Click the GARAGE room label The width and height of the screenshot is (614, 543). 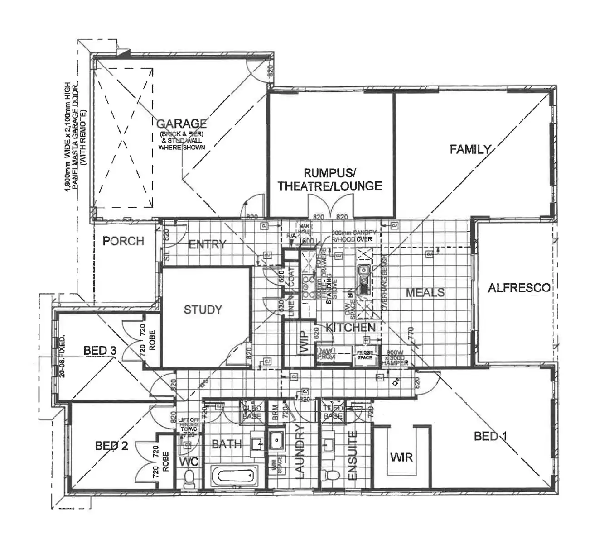[182, 124]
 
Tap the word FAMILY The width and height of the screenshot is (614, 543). [470, 149]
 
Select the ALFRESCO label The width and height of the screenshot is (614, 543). [519, 288]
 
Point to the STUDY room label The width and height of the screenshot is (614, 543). [203, 310]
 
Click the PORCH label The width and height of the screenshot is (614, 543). [123, 241]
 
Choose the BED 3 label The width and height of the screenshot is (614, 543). [100, 351]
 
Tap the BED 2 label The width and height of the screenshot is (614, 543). [111, 446]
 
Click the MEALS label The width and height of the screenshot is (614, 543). [425, 293]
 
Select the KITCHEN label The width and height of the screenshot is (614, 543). [351, 328]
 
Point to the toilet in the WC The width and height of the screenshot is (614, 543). [189, 478]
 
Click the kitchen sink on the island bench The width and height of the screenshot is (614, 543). [363, 276]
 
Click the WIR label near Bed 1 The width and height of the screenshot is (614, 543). [401, 457]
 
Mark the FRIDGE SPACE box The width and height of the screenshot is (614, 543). [364, 355]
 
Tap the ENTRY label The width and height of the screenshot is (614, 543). [207, 245]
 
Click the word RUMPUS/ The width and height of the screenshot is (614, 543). [330, 173]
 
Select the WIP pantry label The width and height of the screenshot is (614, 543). [304, 342]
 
